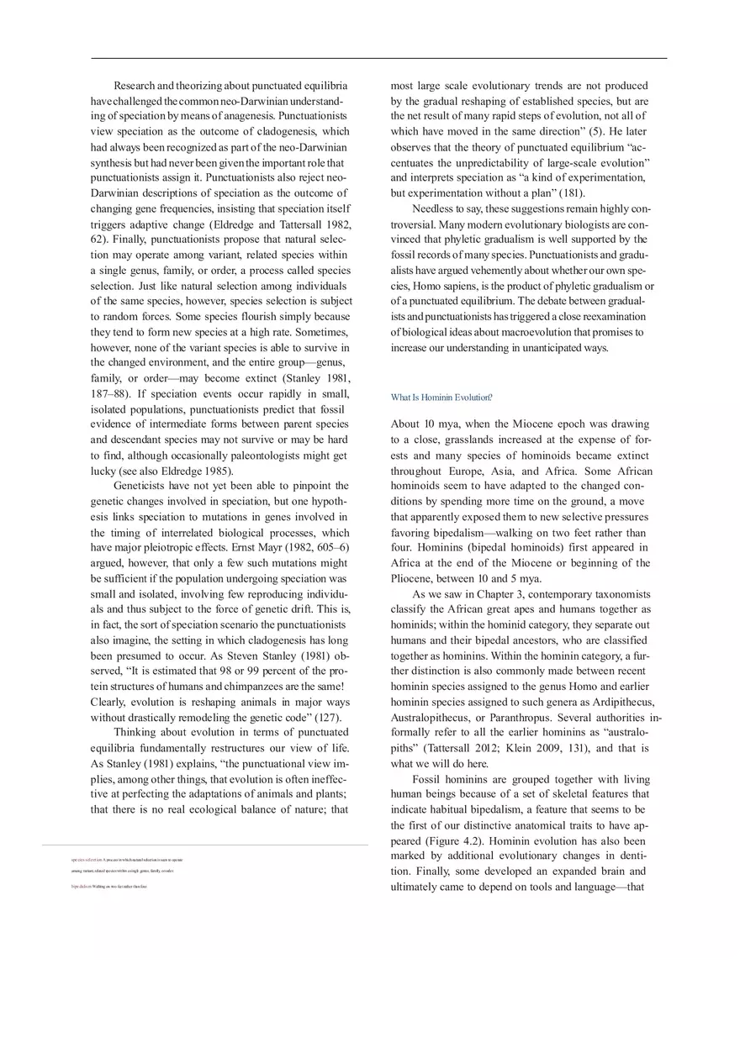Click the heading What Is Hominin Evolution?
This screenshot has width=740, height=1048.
[x=441, y=398]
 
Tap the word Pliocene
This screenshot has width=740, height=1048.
[x=412, y=578]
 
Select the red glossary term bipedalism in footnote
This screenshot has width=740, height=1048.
[x=81, y=886]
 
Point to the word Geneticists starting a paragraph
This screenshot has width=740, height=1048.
[x=144, y=486]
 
